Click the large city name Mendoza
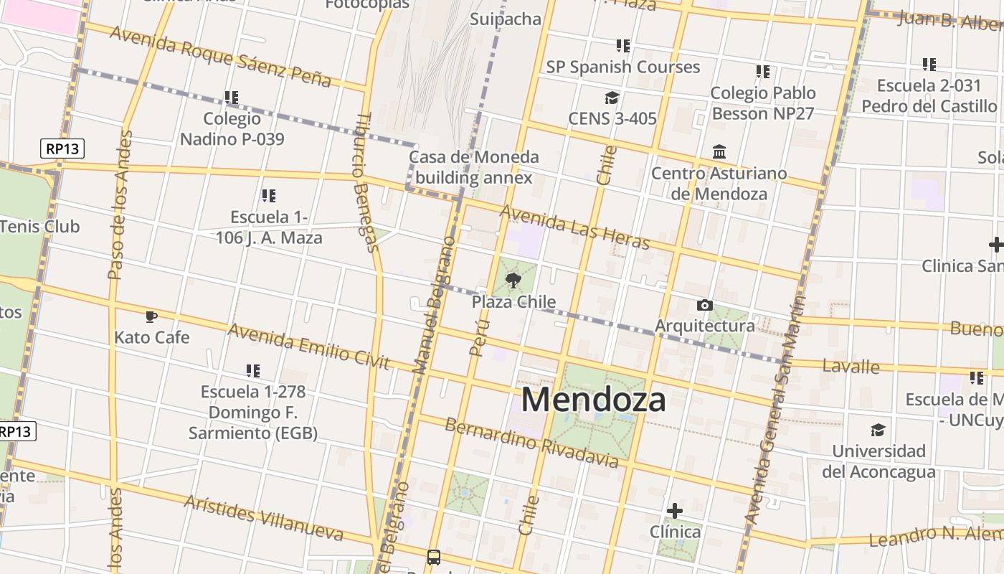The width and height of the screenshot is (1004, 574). [x=594, y=399]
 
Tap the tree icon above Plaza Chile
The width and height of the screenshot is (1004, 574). [x=513, y=281]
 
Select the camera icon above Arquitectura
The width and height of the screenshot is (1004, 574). [x=704, y=305]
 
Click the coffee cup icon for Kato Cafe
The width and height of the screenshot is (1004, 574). [x=151, y=316]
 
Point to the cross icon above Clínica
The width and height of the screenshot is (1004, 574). [x=674, y=511]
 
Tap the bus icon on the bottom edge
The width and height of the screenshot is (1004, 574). [x=433, y=557]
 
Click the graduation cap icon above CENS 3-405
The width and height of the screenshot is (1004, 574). [x=612, y=98]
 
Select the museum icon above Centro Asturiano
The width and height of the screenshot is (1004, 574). [x=719, y=152]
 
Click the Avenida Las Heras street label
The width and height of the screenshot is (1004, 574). [x=574, y=227]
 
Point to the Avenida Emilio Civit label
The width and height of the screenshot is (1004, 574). [x=309, y=347]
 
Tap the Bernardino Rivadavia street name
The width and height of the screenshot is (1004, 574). [x=531, y=442]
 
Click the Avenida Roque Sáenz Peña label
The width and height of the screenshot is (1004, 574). [x=221, y=56]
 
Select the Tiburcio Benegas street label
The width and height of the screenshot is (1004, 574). [x=366, y=183]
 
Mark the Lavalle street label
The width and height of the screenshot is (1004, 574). [x=851, y=366]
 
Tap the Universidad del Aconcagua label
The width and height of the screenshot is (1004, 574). [x=879, y=461]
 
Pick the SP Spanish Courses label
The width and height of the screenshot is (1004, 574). [x=622, y=67]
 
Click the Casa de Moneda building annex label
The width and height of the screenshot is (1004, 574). [x=474, y=166]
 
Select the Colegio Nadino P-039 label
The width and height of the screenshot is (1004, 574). [x=232, y=128]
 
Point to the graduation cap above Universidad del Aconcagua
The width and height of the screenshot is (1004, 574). [x=878, y=430]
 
